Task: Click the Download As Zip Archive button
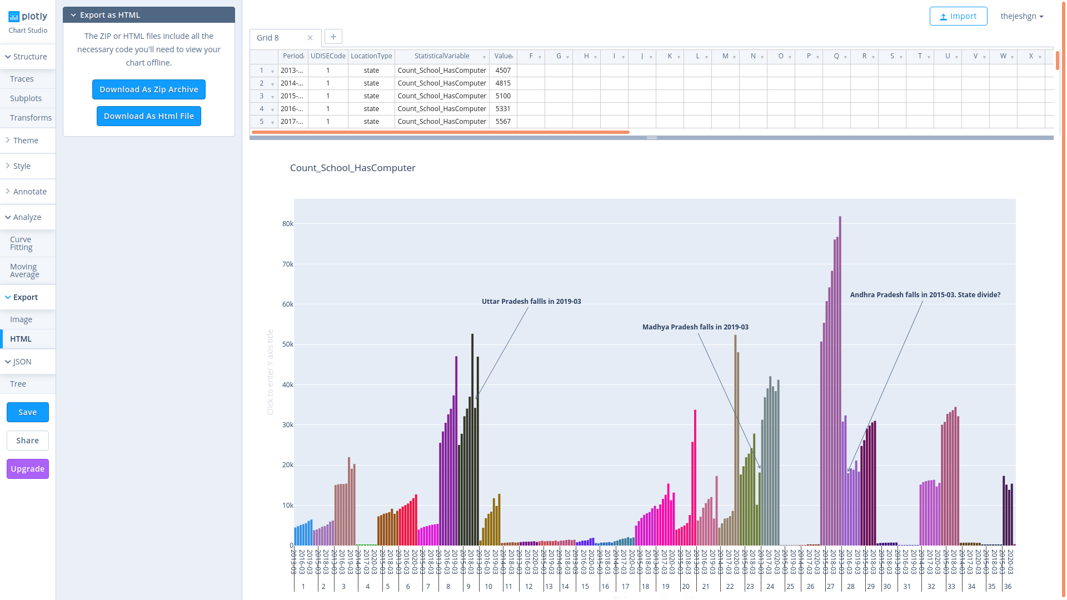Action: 148,89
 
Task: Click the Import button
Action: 958,16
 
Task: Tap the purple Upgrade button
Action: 28,469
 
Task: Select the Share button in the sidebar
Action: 28,441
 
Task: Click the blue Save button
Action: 28,412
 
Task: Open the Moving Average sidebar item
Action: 24,271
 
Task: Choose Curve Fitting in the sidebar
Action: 21,243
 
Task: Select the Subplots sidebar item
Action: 26,98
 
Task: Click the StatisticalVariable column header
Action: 442,56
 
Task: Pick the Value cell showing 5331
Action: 503,109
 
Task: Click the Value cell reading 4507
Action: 503,71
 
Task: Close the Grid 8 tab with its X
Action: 310,38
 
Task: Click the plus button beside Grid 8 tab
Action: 333,37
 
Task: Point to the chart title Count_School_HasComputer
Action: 353,168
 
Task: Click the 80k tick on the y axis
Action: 287,224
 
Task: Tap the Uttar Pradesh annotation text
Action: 531,302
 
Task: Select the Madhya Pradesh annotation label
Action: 695,327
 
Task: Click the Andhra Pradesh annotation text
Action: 925,295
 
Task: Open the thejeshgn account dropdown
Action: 1022,16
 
